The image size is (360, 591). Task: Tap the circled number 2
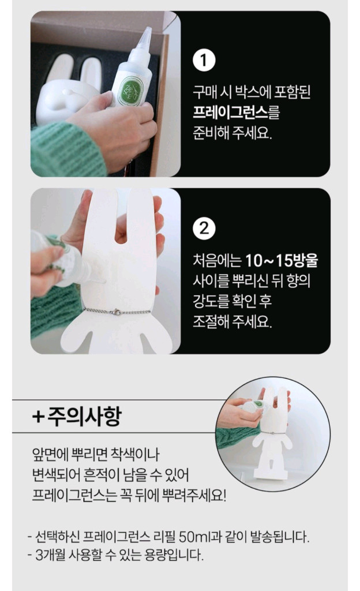[x=203, y=229]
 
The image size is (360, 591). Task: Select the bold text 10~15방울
[x=281, y=261]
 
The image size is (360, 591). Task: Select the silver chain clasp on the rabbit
[x=116, y=312]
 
